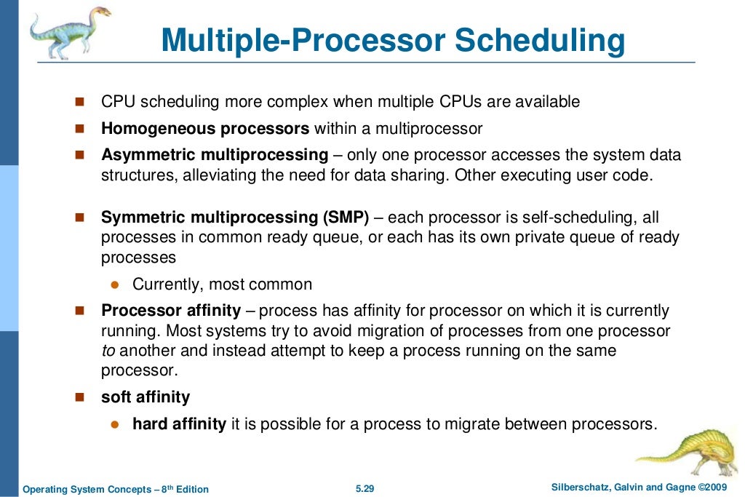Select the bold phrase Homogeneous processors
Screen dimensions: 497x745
205,130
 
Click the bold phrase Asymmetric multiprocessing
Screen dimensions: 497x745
215,155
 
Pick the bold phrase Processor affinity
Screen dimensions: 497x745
171,311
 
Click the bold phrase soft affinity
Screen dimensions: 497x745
146,397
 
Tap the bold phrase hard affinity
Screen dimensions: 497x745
179,424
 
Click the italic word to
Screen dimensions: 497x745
107,351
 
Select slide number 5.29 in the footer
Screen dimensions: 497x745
364,488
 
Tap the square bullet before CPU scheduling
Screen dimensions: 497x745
80,103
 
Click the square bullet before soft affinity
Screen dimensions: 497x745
80,398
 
